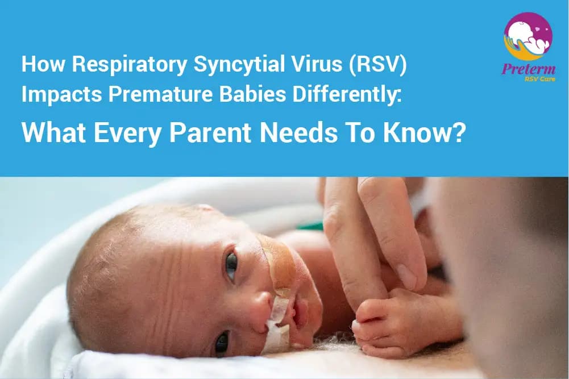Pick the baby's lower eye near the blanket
coord(221,342)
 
